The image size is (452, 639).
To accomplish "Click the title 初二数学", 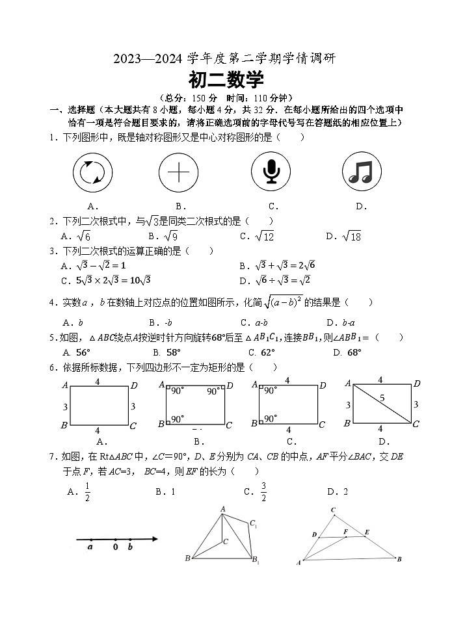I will [226, 80].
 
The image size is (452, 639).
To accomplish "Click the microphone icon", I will [271, 172].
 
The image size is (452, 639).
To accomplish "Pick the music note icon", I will [361, 172].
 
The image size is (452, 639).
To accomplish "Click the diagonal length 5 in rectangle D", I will [382, 397].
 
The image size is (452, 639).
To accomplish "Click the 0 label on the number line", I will [115, 547].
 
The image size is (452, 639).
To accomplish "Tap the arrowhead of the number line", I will [155, 539].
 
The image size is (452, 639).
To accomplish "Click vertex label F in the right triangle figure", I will [346, 531].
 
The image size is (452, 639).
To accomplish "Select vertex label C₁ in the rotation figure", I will [254, 524].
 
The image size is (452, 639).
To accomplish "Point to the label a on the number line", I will [90, 547].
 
